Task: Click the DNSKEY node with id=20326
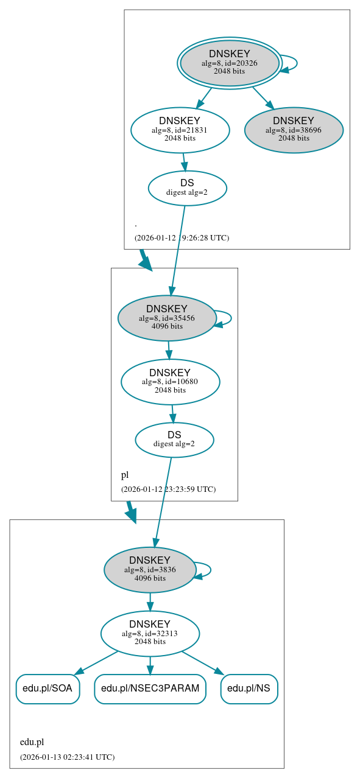coord(230,63)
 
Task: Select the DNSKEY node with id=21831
coord(180,129)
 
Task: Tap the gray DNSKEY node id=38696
coord(294,130)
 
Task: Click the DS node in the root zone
coord(187,187)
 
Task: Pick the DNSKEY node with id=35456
coord(167,318)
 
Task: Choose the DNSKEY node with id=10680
coord(170,382)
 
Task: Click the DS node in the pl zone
coord(174,440)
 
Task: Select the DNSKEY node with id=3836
coord(150,569)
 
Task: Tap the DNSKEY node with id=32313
coord(150,633)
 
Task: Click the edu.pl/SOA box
coord(48,689)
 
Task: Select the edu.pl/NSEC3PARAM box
coord(150,689)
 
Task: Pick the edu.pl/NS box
coord(249,689)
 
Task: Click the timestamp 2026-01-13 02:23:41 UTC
coord(67,757)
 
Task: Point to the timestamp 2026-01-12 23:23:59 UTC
coord(168,489)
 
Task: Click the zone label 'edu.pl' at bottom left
coord(32,741)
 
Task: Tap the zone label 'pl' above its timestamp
coord(124,475)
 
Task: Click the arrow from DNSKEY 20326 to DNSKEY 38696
coord(263,97)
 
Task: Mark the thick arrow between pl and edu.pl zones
coord(130,511)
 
